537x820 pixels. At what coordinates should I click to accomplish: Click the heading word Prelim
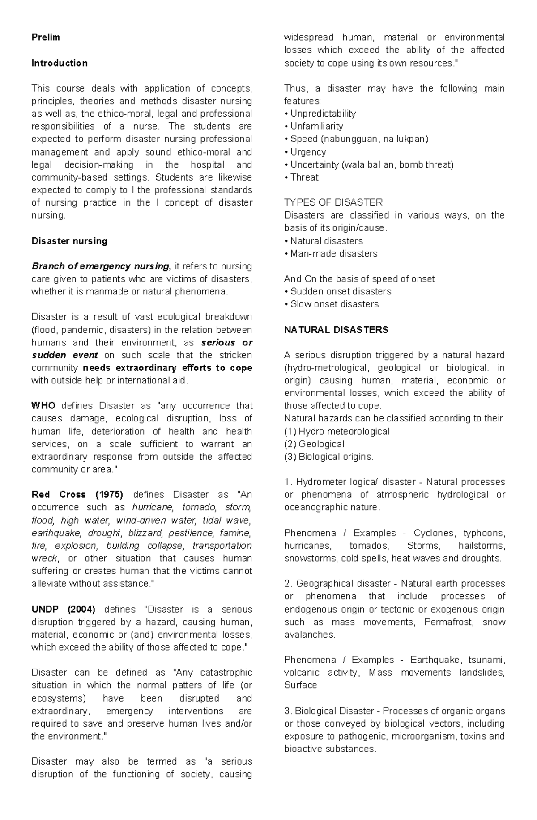pos(46,38)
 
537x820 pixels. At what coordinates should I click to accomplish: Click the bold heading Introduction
pos(60,63)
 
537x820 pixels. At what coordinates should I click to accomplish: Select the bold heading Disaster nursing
pos(69,241)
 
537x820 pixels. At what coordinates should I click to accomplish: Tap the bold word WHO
pos(43,406)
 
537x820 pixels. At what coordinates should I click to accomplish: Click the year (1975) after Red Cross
pos(109,495)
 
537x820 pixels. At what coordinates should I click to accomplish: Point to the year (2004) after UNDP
pos(81,610)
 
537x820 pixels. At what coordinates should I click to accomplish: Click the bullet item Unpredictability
pos(323,114)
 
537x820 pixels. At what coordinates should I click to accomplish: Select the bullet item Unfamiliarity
pos(316,126)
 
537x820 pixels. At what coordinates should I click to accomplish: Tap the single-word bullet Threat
pos(304,177)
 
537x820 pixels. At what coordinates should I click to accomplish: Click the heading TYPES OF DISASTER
pos(333,203)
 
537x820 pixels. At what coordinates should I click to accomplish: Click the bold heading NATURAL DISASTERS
pos(336,330)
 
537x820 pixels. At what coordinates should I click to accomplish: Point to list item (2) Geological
pos(314,444)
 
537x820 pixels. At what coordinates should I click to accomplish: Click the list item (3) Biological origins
pos(328,457)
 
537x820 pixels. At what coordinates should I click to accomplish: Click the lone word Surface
pos(300,685)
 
